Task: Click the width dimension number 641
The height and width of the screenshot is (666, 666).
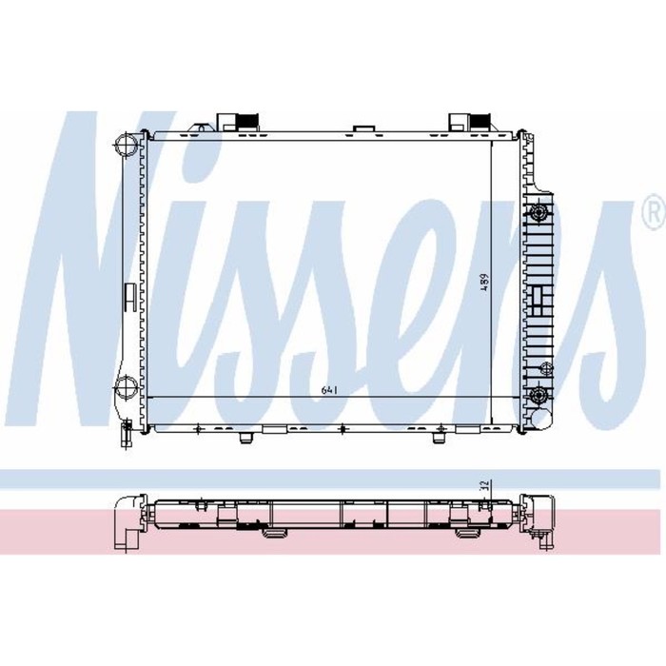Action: pyautogui.click(x=329, y=390)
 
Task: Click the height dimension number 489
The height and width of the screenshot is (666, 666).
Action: pyautogui.click(x=484, y=283)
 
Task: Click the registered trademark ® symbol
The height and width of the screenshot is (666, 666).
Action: pyautogui.click(x=655, y=214)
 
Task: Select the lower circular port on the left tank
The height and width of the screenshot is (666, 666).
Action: pyautogui.click(x=127, y=387)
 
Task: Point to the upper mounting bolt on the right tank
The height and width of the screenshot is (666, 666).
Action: pyautogui.click(x=539, y=211)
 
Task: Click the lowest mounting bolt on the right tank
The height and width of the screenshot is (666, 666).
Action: pyautogui.click(x=539, y=396)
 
